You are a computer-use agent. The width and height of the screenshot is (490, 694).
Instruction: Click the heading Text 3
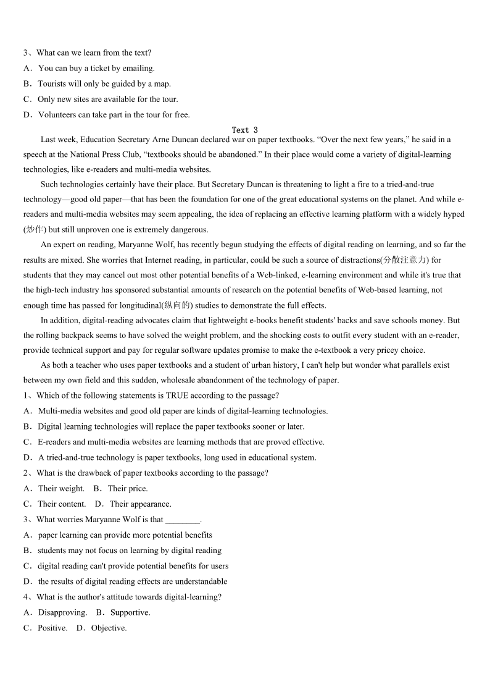pos(245,130)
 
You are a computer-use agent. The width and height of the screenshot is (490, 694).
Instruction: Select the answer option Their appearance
pos(140,504)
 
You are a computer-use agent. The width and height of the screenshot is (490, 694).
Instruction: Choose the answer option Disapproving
pos(62,613)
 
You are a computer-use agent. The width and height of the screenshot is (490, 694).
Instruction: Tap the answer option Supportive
pos(130,613)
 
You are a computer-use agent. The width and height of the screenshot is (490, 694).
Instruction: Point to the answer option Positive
pos(52,628)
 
